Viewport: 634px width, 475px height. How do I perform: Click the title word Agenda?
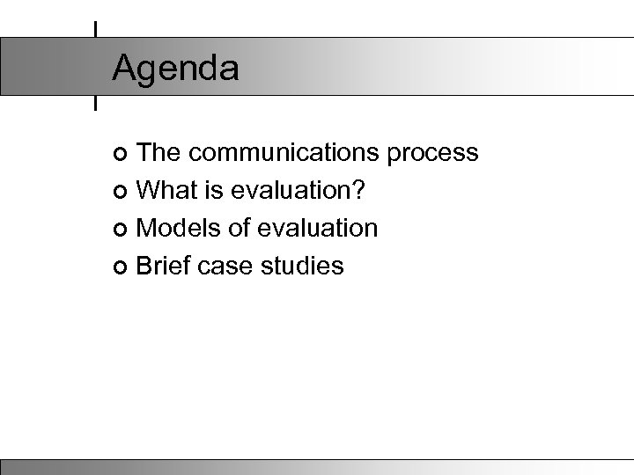tap(175, 69)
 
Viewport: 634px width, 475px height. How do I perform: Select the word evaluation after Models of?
tap(316, 228)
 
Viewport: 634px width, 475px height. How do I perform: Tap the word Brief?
tap(165, 265)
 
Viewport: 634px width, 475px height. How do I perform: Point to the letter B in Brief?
tap(145, 265)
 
